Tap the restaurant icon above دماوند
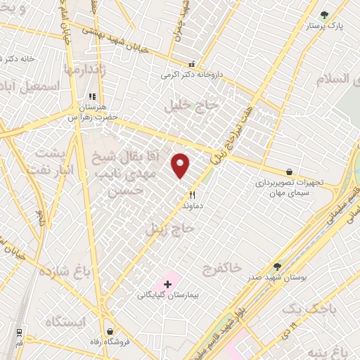[191, 195]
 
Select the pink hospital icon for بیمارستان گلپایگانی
[167, 284]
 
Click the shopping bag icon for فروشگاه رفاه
[110, 330]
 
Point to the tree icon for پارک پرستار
[324, 15]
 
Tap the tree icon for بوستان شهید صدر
[278, 267]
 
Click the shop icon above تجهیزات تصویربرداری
[289, 171]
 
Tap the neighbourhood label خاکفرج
[221, 267]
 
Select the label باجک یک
[305, 310]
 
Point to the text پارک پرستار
[328, 26]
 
